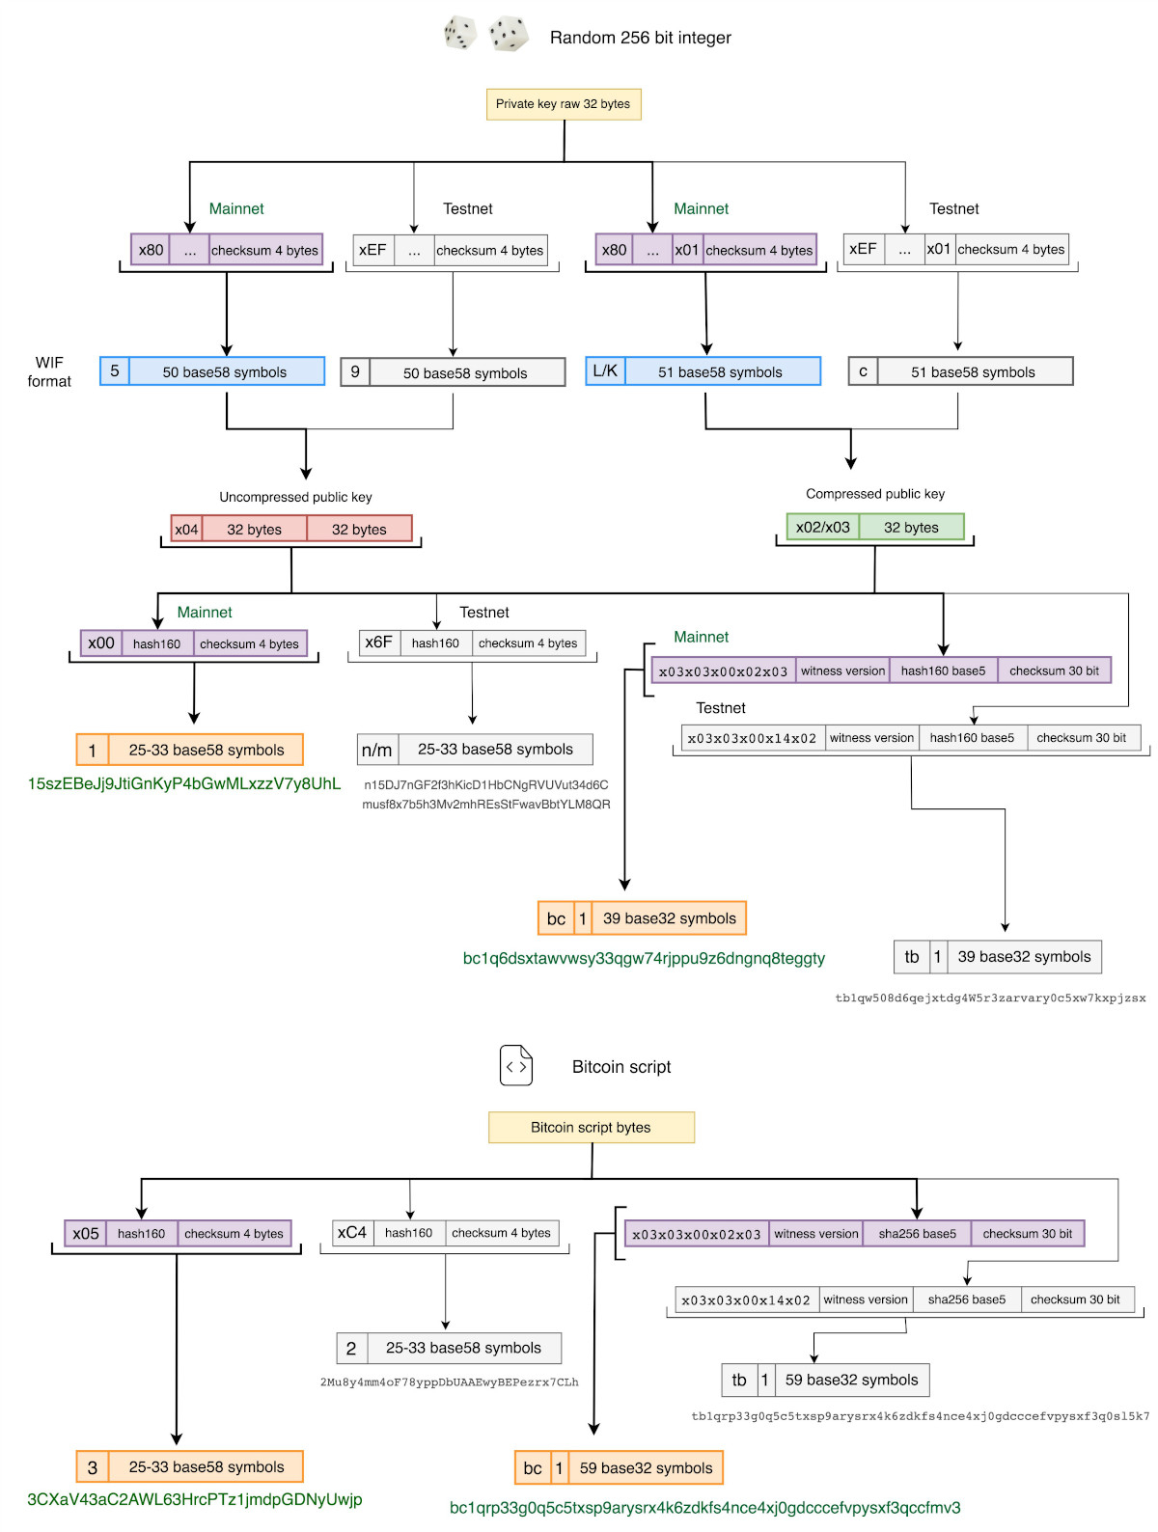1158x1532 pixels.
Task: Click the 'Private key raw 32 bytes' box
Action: click(x=564, y=104)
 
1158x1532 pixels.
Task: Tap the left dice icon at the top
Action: click(x=460, y=33)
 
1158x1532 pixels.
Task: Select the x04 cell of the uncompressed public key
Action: click(x=186, y=529)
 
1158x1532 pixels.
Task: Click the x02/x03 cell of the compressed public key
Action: click(x=822, y=527)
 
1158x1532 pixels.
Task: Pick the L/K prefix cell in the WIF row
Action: click(x=605, y=371)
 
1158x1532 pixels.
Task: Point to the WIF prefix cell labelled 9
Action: click(x=355, y=372)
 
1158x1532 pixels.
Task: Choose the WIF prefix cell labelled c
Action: click(x=863, y=371)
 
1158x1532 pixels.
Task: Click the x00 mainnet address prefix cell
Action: click(x=101, y=643)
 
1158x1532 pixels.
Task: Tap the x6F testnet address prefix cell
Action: click(x=378, y=643)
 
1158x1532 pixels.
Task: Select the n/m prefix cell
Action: click(x=376, y=750)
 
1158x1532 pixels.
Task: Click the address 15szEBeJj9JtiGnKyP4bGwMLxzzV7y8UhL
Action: click(x=183, y=783)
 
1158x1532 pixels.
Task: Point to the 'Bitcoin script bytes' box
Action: click(x=591, y=1127)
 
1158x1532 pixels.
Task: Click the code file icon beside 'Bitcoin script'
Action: click(x=516, y=1066)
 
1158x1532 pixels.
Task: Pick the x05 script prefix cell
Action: click(x=86, y=1233)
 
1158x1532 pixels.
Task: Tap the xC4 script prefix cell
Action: click(x=352, y=1233)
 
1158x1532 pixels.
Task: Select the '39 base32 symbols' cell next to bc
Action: click(x=669, y=918)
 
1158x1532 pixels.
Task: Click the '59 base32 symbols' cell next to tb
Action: click(x=851, y=1380)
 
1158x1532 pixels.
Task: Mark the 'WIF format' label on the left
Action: click(x=48, y=371)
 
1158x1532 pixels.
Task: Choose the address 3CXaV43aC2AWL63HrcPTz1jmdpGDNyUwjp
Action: click(x=194, y=1499)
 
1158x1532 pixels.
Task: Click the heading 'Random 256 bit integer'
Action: click(x=640, y=38)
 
